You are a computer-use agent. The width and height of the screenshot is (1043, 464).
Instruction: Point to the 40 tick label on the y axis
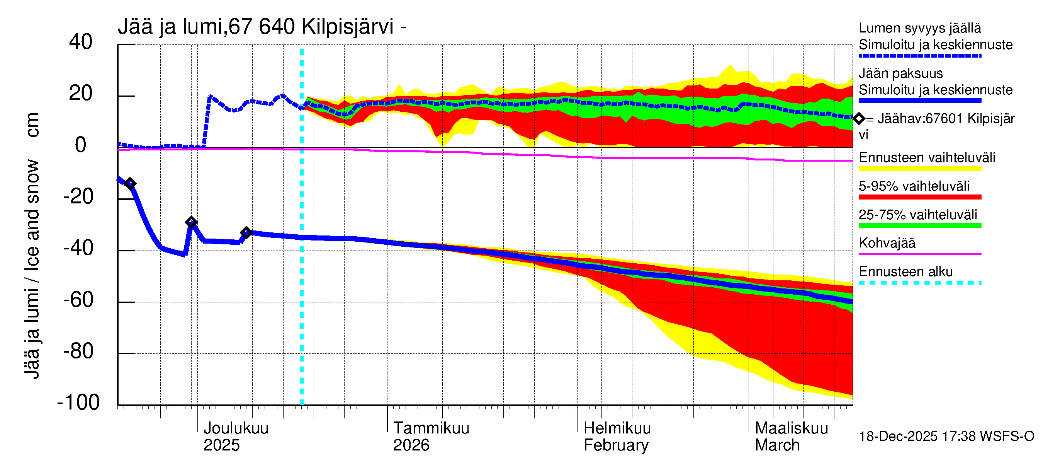click(x=81, y=42)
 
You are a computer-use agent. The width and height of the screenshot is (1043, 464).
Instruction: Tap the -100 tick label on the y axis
click(x=78, y=403)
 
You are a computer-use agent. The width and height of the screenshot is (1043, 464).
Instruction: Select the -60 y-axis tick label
click(x=78, y=300)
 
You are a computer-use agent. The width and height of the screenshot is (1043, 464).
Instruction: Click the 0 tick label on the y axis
click(x=81, y=145)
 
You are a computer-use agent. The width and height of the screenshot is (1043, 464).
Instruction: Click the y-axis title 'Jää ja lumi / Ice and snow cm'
click(x=32, y=246)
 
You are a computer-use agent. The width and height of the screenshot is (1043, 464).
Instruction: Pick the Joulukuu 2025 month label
click(x=236, y=437)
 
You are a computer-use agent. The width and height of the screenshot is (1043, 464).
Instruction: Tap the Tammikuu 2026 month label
click(x=431, y=437)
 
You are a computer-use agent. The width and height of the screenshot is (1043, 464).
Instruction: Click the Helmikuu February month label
click(x=617, y=437)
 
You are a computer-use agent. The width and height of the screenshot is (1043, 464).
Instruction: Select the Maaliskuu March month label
click(x=791, y=437)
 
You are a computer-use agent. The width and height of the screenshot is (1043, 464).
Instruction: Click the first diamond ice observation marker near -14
click(x=130, y=184)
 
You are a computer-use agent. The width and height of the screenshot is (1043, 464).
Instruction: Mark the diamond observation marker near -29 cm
click(x=191, y=222)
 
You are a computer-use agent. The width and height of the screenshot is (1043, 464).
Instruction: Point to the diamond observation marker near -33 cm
click(x=246, y=232)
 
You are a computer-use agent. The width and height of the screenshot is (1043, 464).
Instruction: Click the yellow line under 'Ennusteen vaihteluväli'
click(x=919, y=169)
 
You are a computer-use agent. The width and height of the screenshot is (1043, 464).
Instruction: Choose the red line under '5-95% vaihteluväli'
click(x=919, y=197)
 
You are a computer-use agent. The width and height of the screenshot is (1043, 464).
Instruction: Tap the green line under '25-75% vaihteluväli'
click(x=919, y=225)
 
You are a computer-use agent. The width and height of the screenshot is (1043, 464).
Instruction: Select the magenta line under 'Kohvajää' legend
click(x=919, y=254)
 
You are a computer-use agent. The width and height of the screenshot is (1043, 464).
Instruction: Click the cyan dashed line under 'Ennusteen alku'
click(x=919, y=282)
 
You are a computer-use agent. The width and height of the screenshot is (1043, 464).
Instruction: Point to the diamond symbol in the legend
click(x=859, y=119)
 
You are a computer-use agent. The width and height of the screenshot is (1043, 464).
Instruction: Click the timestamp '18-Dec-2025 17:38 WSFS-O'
click(x=946, y=437)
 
